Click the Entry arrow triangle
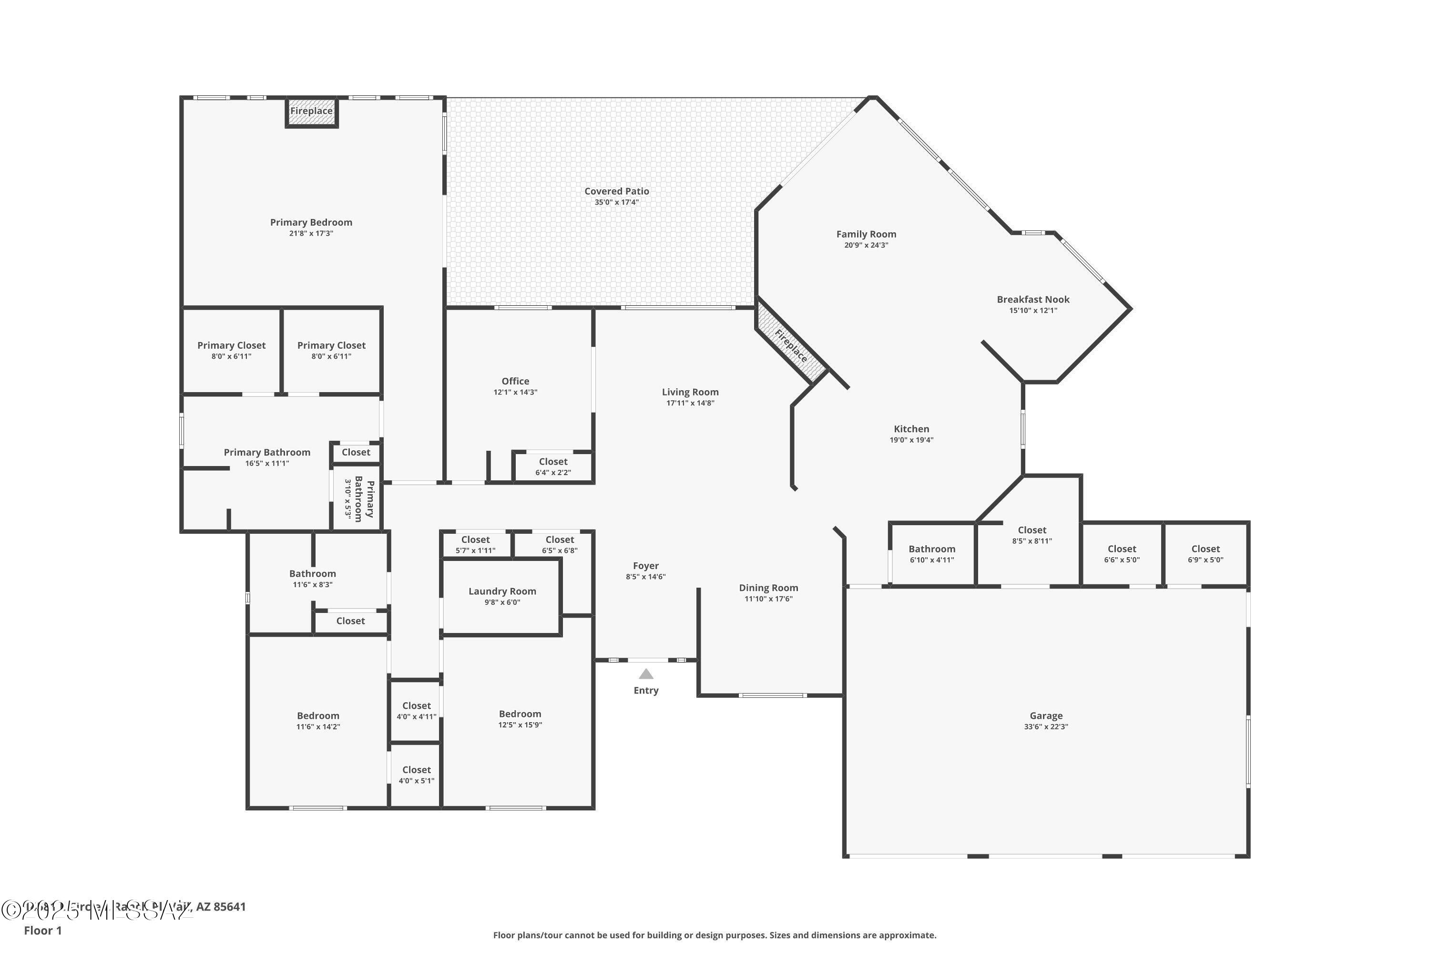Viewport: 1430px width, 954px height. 646,674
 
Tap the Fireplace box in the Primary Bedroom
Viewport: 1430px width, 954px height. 311,112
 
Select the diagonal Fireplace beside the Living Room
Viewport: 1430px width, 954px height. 791,345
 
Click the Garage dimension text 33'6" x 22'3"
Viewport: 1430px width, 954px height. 1046,726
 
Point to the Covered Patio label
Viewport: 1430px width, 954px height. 616,191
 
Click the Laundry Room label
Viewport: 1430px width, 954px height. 502,591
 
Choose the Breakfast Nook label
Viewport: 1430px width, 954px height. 1033,300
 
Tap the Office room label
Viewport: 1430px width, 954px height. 515,382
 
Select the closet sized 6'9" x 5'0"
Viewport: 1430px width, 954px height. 1205,554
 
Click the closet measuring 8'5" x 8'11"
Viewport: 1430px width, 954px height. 1032,535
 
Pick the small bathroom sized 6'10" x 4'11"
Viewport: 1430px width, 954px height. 931,554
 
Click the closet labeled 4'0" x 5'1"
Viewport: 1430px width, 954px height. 417,775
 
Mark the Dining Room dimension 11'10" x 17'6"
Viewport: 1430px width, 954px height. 768,599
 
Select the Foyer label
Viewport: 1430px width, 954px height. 646,566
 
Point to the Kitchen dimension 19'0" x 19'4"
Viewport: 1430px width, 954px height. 911,440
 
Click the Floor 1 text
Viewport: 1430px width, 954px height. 42,930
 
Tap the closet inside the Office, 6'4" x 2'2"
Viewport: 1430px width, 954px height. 552,467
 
